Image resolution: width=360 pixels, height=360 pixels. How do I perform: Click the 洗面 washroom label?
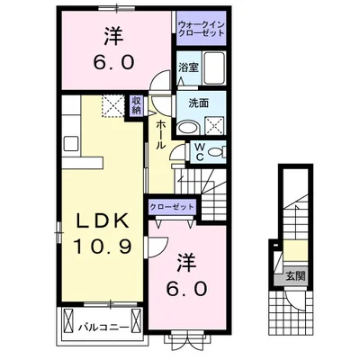(x=188, y=103)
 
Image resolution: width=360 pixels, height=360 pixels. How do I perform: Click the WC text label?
(x=202, y=152)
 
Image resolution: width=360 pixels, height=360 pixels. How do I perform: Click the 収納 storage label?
(x=137, y=106)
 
